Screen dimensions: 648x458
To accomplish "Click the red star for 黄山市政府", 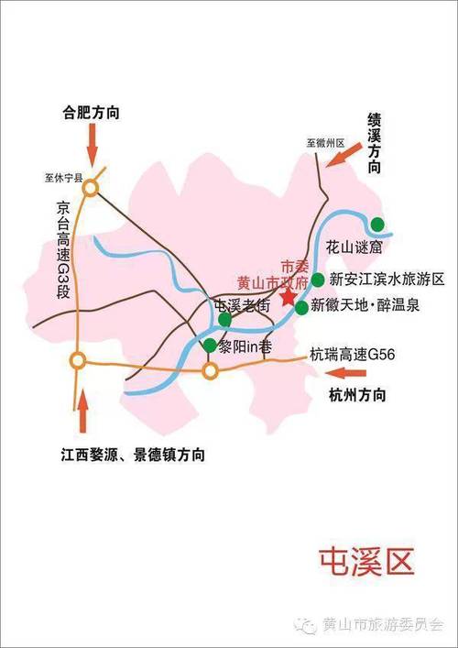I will (x=289, y=297).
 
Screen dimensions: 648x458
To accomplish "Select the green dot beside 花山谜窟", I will (x=377, y=224).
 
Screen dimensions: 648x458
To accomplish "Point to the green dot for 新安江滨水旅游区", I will (x=317, y=279).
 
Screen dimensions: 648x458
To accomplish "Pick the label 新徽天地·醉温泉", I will (x=365, y=306).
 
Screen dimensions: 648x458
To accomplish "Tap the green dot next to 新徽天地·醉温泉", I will (x=301, y=307).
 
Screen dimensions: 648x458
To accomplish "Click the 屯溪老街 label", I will (x=242, y=306).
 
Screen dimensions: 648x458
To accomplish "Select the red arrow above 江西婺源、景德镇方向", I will (x=82, y=413).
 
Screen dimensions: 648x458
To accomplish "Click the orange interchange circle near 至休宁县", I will (x=91, y=188).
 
